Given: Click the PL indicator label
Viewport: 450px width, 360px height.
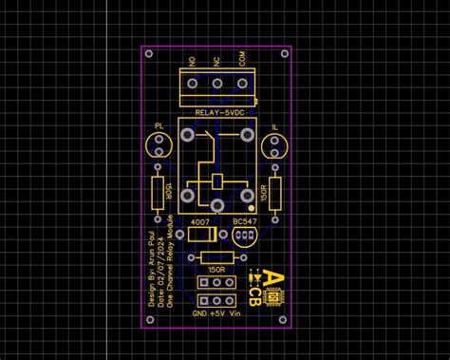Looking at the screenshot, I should coord(159,126).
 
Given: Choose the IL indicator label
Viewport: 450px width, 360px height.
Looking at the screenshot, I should coord(275,126).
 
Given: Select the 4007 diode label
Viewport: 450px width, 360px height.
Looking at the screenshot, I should coord(199,221).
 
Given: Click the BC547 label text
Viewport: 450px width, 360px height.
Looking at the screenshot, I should coord(244,221).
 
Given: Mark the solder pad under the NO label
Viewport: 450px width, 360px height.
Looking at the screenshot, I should coord(193,87).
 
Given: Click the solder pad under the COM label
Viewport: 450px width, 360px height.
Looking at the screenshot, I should coord(242,87).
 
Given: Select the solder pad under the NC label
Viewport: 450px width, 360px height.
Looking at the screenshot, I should coord(217,87).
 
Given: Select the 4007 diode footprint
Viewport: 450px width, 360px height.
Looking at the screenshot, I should coord(199,235).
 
